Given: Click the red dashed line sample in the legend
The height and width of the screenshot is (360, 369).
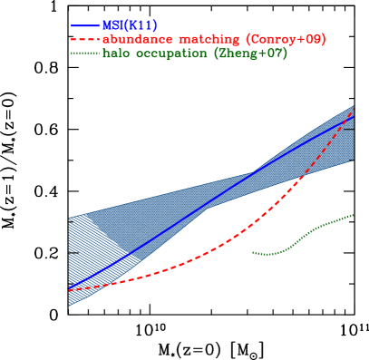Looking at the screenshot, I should click(86, 40).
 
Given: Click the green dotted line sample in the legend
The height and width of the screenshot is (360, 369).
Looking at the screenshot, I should click(86, 54).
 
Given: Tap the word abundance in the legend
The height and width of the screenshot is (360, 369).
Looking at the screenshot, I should click(135, 40).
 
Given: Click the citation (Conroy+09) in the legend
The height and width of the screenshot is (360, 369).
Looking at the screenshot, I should click(284, 40).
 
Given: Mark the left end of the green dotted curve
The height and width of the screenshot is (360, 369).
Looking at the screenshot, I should click(252, 252).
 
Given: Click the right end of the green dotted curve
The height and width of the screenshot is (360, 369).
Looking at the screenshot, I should click(353, 215).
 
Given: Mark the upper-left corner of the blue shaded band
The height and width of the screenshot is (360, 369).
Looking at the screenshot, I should click(69, 218).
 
